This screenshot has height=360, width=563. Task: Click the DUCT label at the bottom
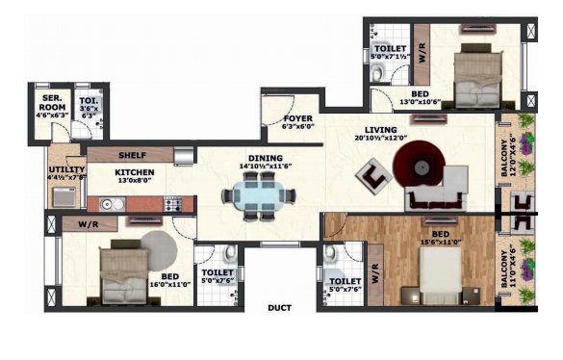tap(281, 307)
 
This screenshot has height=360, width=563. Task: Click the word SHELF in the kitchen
tap(132, 154)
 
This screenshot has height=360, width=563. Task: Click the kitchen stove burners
tap(173, 204)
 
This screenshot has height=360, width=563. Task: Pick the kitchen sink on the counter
tap(109, 204)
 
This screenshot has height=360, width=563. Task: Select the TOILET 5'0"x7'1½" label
tap(390, 51)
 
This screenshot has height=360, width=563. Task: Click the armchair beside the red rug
tap(372, 176)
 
